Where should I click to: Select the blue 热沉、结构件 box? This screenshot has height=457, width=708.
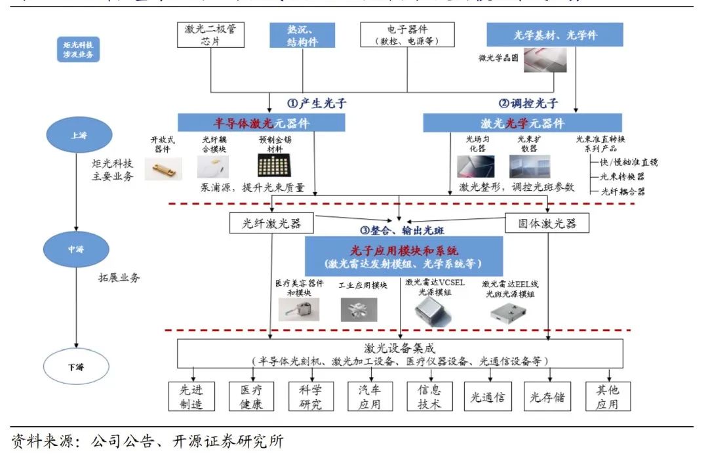coord(302,35)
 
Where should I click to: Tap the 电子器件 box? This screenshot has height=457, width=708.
coord(407,35)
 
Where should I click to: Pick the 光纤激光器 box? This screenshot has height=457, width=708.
coord(271,224)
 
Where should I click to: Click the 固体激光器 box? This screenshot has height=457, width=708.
coord(547,224)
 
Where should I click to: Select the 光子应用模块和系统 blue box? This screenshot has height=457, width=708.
coord(403,256)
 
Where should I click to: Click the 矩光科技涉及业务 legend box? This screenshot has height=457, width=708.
coord(77,50)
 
